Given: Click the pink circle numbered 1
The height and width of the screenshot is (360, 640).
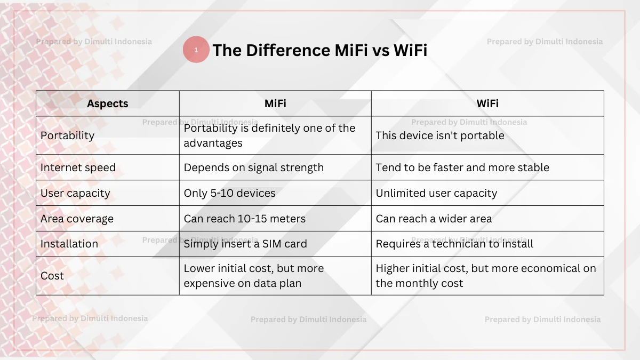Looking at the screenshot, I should [196, 50].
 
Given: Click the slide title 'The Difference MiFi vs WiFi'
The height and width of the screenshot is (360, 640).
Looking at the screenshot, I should [319, 50].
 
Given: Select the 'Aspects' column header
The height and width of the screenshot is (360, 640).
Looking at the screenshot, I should [108, 103].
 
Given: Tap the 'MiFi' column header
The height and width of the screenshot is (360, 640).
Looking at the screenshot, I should [275, 103].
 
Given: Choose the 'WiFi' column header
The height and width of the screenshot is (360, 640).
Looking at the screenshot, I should [487, 103].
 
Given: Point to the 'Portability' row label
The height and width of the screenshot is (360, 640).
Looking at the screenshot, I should [67, 135].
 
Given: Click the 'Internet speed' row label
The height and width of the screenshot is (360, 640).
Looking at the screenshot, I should [78, 167].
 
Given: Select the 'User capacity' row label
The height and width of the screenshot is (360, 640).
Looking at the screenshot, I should [75, 193].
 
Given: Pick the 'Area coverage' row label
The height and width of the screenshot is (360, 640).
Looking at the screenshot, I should [77, 219].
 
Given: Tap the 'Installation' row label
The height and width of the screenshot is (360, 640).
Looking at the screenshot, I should [69, 244].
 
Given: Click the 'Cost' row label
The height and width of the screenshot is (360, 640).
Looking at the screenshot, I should [52, 276].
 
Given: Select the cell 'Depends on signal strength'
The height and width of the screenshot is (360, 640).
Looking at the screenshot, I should [254, 167].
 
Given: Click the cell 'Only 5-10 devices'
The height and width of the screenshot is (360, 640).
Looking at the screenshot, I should [230, 193].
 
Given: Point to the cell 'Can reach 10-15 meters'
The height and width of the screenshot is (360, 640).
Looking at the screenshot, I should [245, 219].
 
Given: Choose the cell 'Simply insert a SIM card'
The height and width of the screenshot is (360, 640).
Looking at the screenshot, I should [245, 244].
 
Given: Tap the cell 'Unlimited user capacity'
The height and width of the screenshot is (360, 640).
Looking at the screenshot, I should [436, 193].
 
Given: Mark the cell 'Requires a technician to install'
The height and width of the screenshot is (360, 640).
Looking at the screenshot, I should [454, 244].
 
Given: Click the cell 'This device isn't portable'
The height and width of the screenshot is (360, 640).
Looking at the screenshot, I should [440, 135].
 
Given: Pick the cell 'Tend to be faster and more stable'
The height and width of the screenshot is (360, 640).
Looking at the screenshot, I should [462, 167].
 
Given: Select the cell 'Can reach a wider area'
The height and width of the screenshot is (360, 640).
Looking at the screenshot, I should [434, 219].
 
